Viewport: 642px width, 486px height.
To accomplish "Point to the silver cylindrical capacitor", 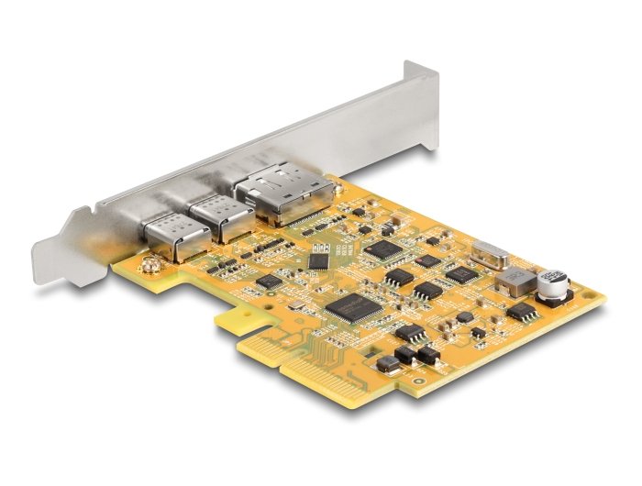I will coord(553,286).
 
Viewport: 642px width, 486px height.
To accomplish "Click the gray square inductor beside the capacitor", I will coord(520,282).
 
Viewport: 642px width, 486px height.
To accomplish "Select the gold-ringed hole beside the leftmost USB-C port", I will coord(145,266).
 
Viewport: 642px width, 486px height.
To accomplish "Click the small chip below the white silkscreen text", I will coord(318,261).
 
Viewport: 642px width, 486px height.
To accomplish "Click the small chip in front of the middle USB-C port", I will coord(269,282).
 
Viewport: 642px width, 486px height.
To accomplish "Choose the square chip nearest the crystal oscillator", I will coord(460,272).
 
